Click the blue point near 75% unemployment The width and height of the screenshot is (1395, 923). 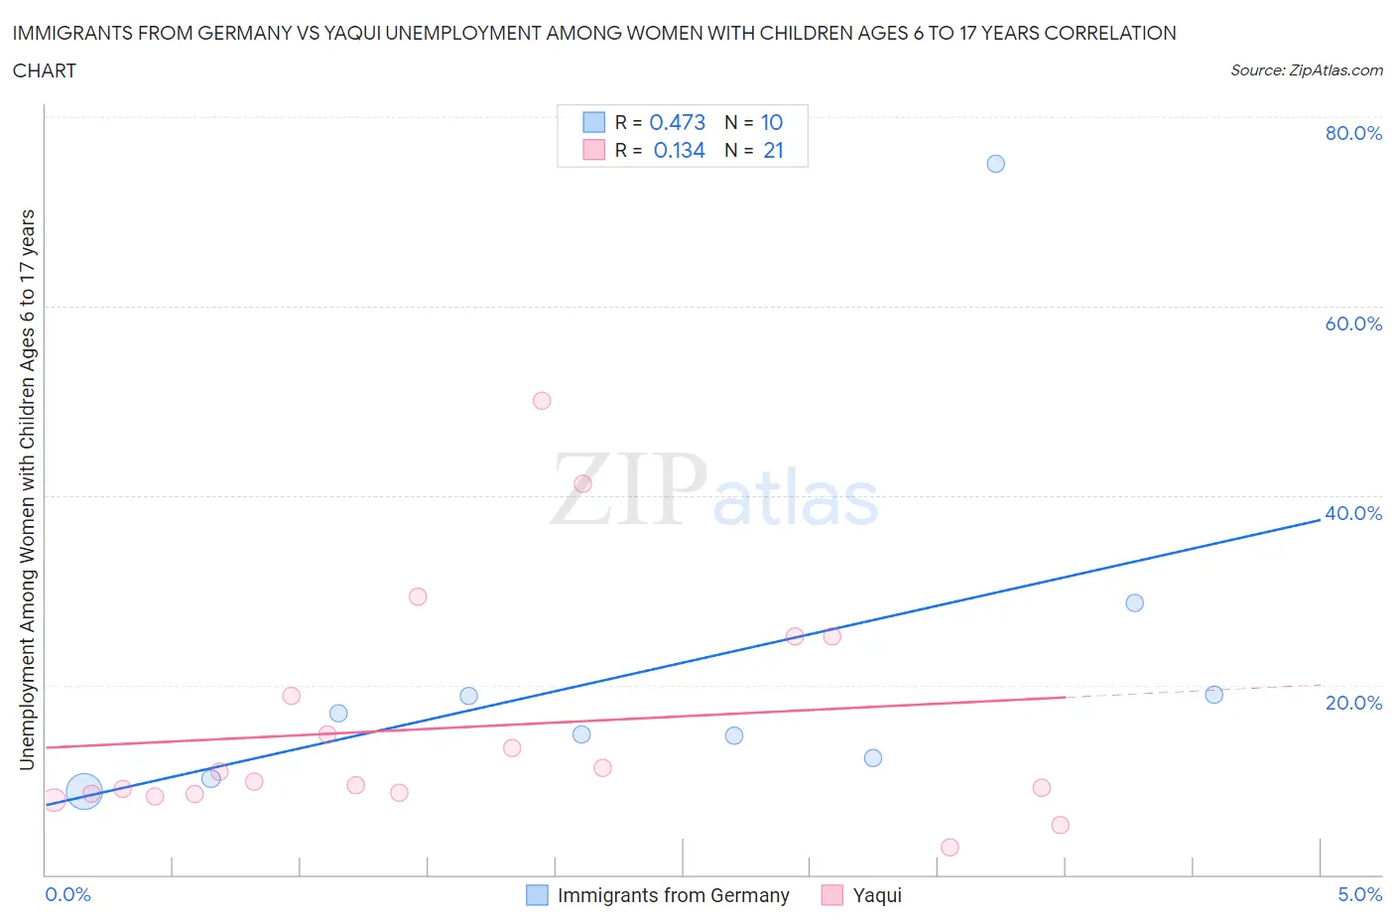995,164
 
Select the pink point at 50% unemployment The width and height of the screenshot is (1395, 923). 542,401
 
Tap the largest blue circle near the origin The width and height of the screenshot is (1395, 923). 84,791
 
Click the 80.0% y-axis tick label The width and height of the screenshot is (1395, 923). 1353,133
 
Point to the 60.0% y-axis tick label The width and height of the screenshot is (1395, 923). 1353,324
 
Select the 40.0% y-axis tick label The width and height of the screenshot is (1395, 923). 1353,513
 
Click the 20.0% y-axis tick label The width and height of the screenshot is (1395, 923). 1353,703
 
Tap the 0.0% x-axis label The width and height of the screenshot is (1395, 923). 68,894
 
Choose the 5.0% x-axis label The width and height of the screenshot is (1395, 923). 1359,894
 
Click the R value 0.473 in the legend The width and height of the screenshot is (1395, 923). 677,122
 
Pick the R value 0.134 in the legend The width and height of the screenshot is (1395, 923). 679,150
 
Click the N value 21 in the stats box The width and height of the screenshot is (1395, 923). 773,150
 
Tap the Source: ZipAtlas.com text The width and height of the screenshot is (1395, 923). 1306,70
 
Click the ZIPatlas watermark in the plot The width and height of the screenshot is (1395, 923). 714,491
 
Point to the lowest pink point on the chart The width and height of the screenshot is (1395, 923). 950,847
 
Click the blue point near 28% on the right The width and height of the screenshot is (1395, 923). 1134,602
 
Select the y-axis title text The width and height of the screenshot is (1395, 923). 27,489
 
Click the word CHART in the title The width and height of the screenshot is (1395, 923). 45,70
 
